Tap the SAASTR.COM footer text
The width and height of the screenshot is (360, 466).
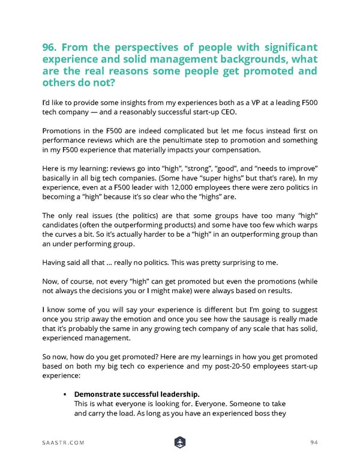point(63,443)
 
